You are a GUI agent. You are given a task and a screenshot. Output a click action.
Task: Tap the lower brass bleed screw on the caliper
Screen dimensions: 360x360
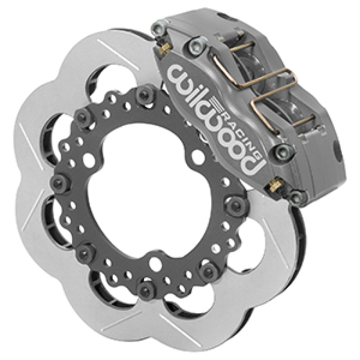274,184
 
